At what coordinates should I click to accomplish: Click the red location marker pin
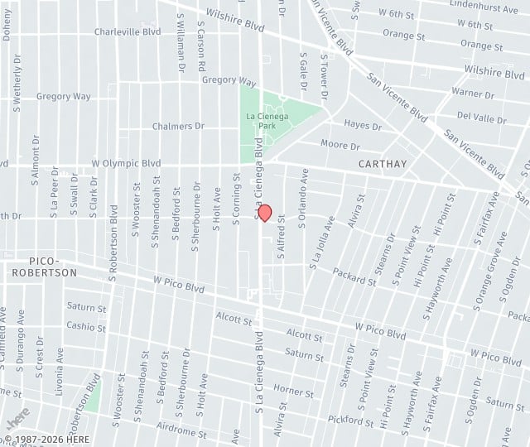click(x=265, y=213)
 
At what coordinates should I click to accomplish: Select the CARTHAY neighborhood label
click(x=383, y=164)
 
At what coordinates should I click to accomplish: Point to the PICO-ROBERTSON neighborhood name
click(x=45, y=266)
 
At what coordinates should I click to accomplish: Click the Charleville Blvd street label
click(x=127, y=31)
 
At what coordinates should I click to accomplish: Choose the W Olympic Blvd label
click(x=126, y=164)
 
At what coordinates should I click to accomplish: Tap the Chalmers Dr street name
click(x=178, y=126)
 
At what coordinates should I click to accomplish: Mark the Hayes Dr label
click(x=363, y=127)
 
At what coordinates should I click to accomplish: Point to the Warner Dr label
click(x=473, y=94)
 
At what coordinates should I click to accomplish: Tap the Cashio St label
click(x=86, y=326)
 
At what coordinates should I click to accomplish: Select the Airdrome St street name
click(x=181, y=432)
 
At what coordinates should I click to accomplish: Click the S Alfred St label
click(x=282, y=238)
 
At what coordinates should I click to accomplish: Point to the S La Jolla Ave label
click(x=321, y=243)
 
